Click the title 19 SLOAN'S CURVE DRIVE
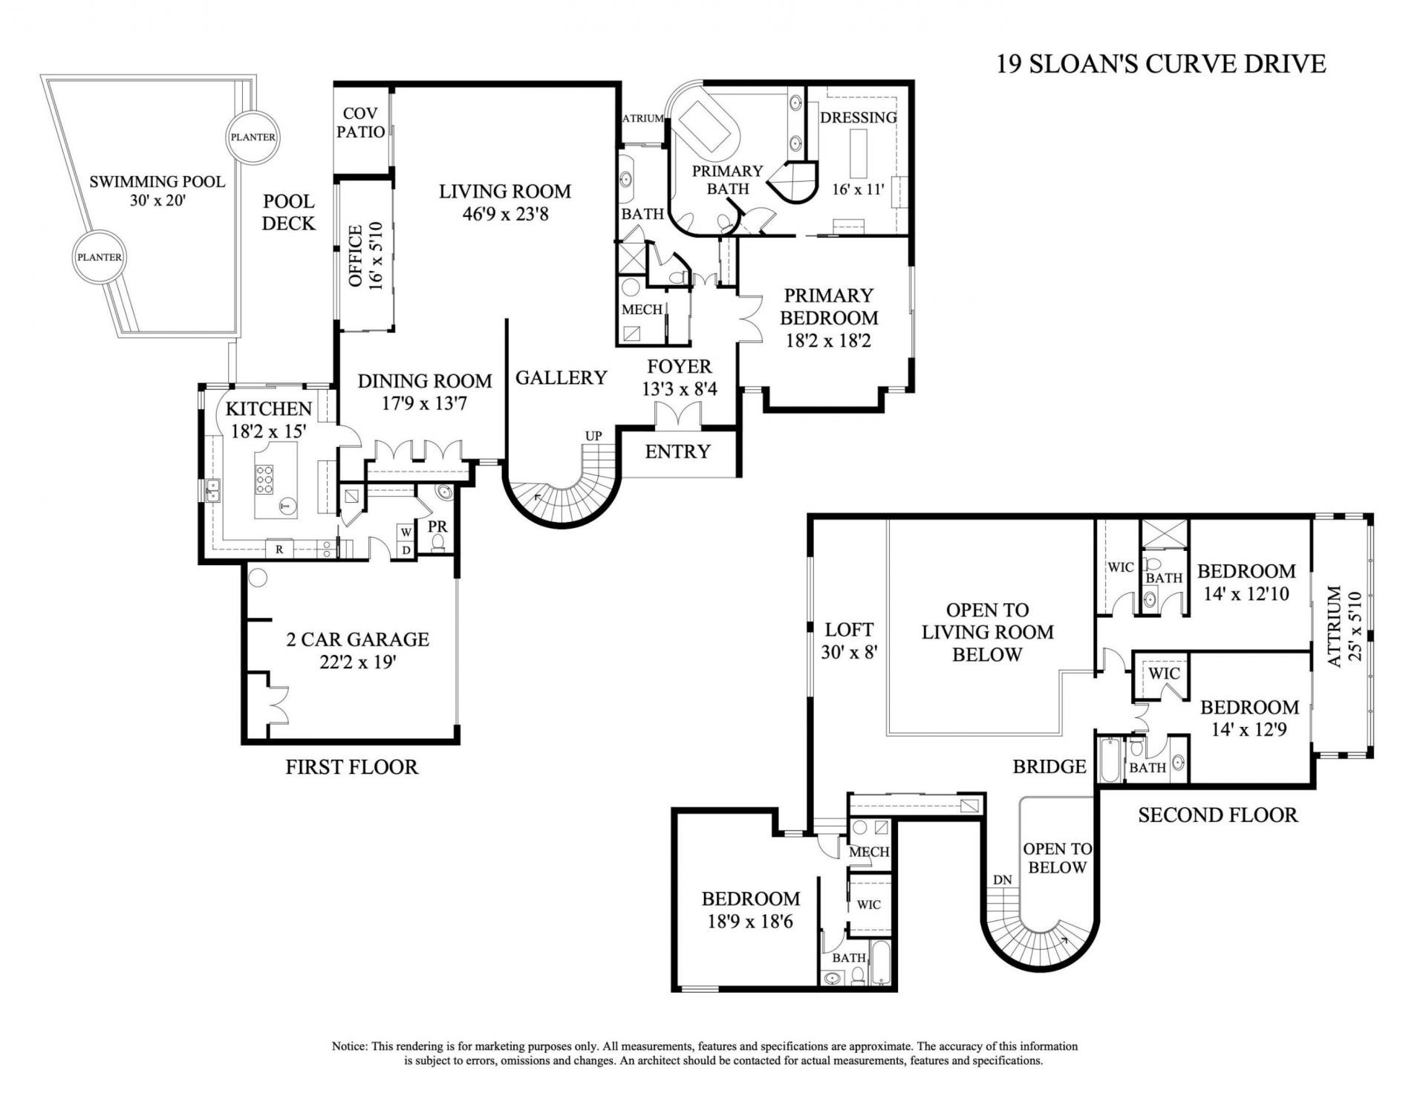(x=1160, y=64)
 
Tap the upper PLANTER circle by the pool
(x=252, y=137)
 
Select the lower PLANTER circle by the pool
(x=100, y=257)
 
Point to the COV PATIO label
(x=360, y=123)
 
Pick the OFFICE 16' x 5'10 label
(x=365, y=256)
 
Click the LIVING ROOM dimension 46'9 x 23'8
(x=504, y=215)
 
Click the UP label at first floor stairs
(x=593, y=436)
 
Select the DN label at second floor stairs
(x=1002, y=879)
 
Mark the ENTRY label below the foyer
(x=677, y=451)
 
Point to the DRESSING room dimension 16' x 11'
(x=858, y=189)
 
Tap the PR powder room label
(x=437, y=526)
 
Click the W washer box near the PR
(x=406, y=532)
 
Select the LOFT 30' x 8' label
(x=849, y=641)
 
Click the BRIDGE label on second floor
(x=1049, y=766)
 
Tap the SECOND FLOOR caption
(x=1217, y=815)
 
